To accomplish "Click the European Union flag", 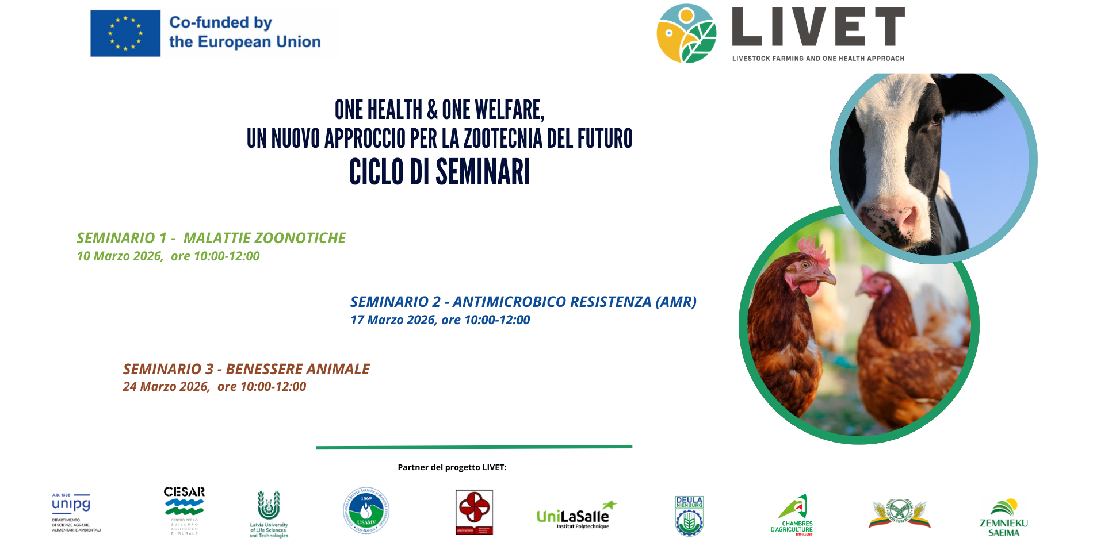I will point(125,33).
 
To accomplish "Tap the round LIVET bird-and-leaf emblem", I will point(687,34).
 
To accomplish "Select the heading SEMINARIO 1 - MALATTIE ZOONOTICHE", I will point(211,238).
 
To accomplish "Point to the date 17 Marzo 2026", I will point(393,320).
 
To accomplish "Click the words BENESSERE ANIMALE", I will point(297,369).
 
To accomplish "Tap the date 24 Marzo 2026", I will point(166,387).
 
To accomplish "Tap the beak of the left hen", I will point(828,279).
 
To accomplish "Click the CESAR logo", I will point(184,509).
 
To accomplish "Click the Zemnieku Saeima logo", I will point(1004,517).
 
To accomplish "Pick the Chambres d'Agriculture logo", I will point(793,514).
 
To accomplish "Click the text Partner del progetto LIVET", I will point(452,467).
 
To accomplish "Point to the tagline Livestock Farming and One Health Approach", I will point(818,59).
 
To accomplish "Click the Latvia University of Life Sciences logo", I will point(269,513).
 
